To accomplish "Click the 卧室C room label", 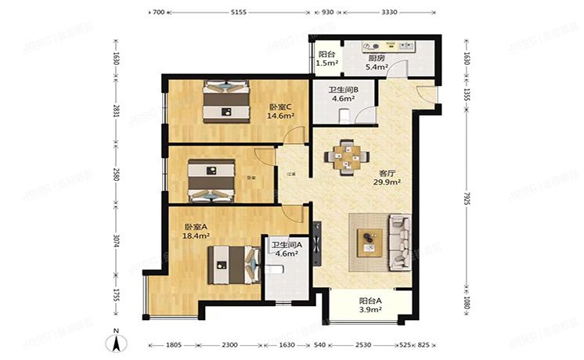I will click(280, 107).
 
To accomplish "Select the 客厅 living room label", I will click(387, 174).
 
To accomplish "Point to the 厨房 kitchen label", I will click(377, 57).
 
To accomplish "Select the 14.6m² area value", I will click(280, 116).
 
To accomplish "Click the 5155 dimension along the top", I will click(239, 13).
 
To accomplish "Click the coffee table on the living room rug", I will click(367, 240).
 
